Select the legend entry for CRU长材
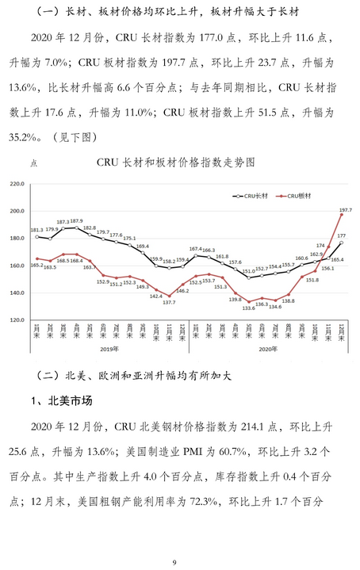click(249, 194)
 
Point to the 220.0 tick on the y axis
click(17, 184)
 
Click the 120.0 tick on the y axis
click(17, 320)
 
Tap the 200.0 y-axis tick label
click(17, 212)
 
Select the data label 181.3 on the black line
click(38, 231)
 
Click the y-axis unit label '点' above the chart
click(33, 163)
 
